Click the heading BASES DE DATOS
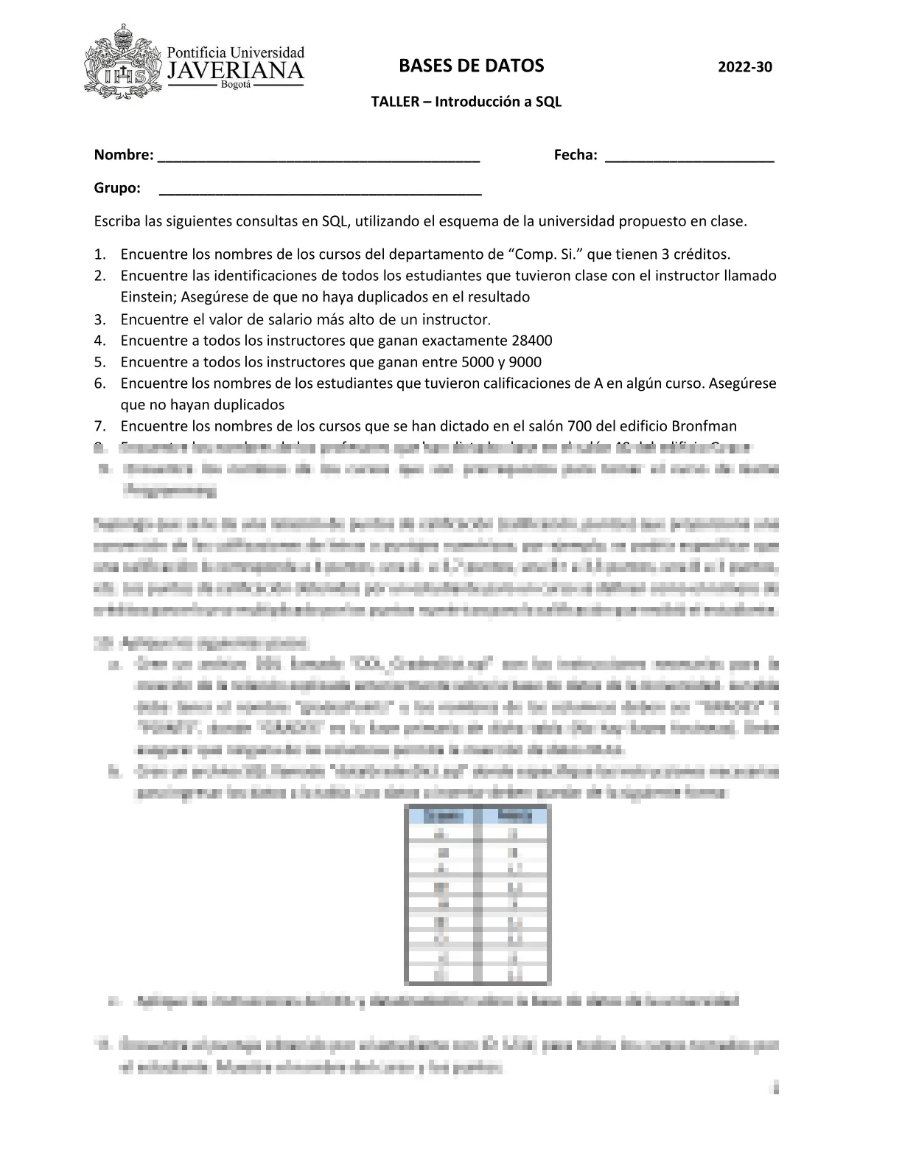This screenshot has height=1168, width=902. (x=471, y=66)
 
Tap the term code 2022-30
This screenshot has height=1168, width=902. (x=745, y=67)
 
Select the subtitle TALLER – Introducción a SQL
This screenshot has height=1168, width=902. (x=466, y=102)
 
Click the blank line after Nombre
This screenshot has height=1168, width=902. (x=319, y=157)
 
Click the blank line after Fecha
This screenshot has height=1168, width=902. (x=689, y=157)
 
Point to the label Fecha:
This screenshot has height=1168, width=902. (x=575, y=155)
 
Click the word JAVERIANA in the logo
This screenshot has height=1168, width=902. (x=236, y=71)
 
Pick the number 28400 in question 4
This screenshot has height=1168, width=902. (x=531, y=341)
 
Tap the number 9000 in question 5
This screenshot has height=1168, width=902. (x=525, y=362)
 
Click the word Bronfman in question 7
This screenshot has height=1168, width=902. (x=704, y=426)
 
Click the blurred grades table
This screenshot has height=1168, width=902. (x=478, y=894)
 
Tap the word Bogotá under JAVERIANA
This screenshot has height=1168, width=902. (x=236, y=86)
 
